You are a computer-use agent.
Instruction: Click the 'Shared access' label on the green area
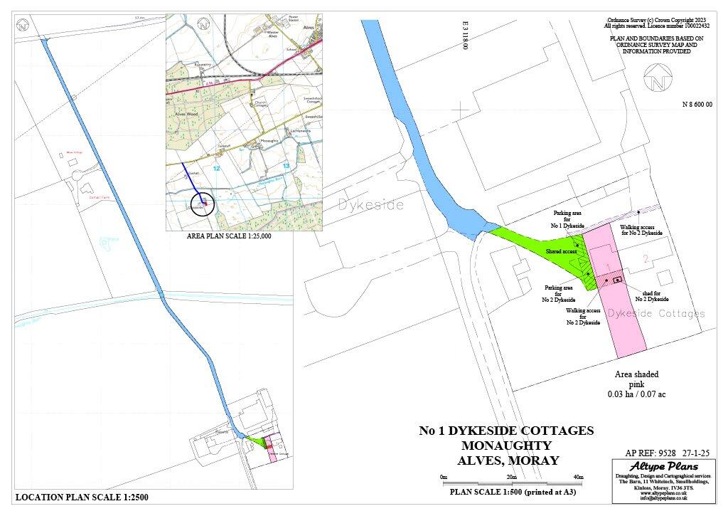pos(562,252)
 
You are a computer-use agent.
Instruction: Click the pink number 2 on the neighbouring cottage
pos(646,259)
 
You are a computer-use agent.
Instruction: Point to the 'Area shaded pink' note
pos(636,384)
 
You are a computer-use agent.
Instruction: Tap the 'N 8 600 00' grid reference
pos(697,105)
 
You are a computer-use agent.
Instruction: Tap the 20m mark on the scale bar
pos(511,477)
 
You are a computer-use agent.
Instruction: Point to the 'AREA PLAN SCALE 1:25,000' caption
pos(228,236)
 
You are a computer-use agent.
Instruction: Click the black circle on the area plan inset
pos(203,203)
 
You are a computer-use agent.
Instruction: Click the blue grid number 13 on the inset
pos(286,165)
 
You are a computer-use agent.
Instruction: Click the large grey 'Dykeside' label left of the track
pos(371,206)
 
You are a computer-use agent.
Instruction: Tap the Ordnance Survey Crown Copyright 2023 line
pos(656,20)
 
